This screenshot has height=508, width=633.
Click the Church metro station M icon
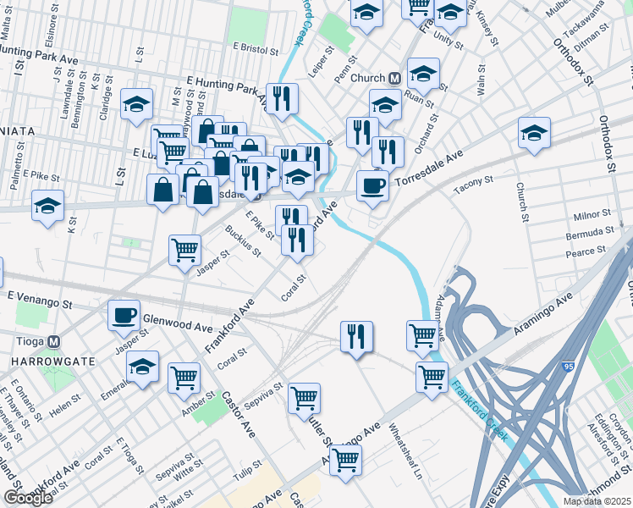pos(394,78)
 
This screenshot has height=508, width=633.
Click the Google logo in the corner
pos(28,498)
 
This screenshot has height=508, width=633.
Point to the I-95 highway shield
pos(568,366)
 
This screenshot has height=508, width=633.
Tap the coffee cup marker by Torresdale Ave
pos(372,187)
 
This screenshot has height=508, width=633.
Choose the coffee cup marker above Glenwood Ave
pos(124,315)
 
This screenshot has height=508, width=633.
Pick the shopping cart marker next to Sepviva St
pos(304,398)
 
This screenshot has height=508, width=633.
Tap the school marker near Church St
pos(534,133)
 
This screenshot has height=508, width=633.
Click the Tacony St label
pos(473,181)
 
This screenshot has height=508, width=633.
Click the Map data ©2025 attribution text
pos(597,501)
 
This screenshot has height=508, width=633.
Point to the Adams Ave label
pos(439,319)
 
